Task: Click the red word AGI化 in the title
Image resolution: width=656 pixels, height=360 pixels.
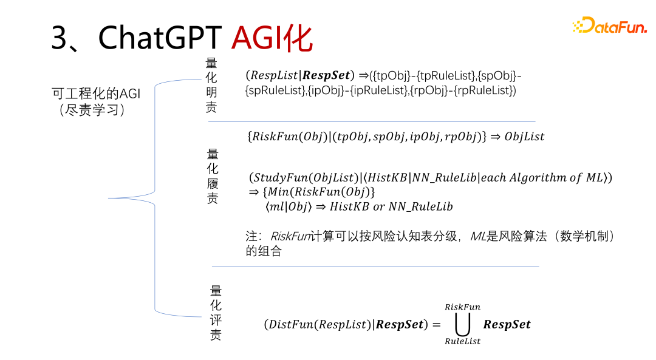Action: pyautogui.click(x=272, y=38)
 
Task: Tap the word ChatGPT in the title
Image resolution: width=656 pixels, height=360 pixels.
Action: pyautogui.click(x=160, y=38)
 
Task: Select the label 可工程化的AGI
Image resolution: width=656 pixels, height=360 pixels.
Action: pyautogui.click(x=96, y=93)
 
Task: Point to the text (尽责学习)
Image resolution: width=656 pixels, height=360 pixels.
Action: pyautogui.click(x=92, y=110)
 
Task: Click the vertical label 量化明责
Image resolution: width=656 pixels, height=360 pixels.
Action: pyautogui.click(x=211, y=85)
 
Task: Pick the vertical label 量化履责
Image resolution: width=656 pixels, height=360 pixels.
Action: pyautogui.click(x=213, y=176)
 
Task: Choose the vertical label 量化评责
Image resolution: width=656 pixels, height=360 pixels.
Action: pyautogui.click(x=216, y=313)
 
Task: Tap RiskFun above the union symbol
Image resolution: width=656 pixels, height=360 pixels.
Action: pyautogui.click(x=462, y=307)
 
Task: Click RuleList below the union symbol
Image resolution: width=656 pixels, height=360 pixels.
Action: pyautogui.click(x=462, y=341)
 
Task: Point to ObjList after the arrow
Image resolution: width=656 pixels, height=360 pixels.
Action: pyautogui.click(x=525, y=137)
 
